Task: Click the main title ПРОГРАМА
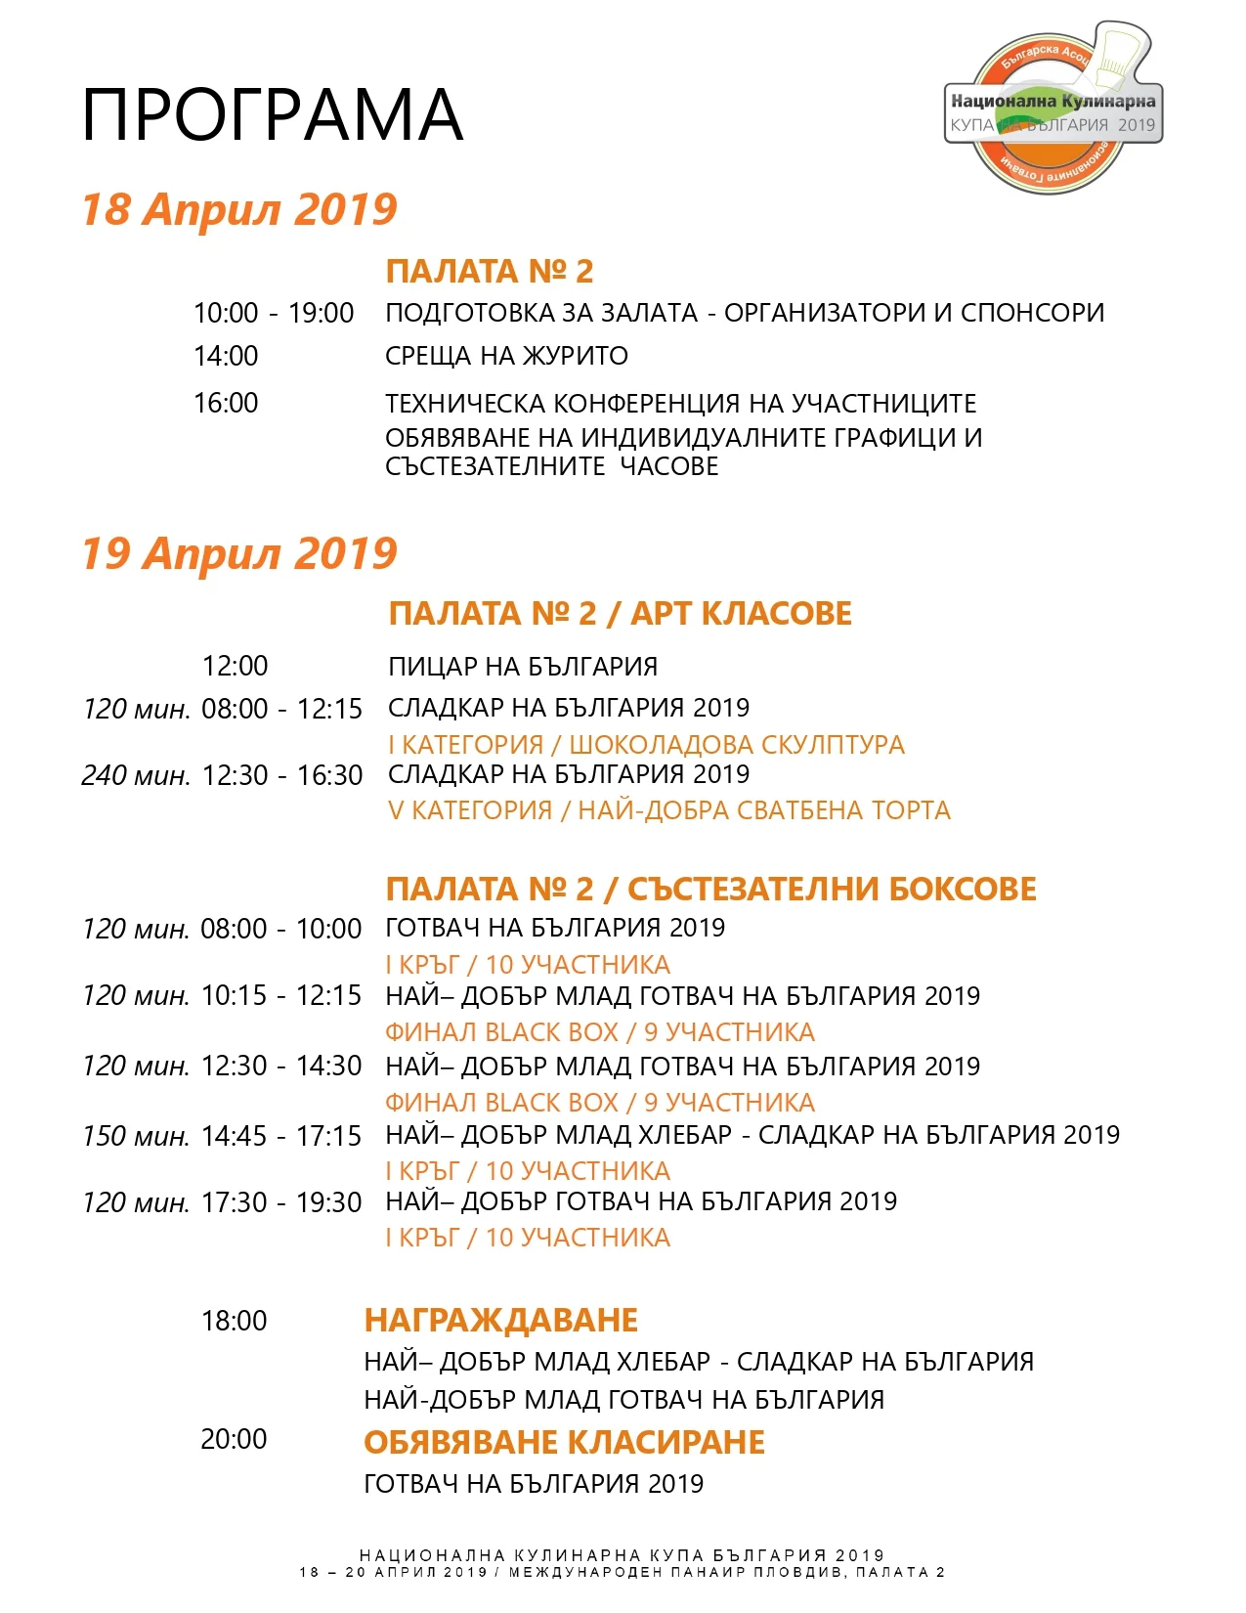point(272,115)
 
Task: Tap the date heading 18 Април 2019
point(239,209)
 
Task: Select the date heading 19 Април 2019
point(239,553)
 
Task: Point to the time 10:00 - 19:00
point(274,313)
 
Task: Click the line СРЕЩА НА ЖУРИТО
point(506,356)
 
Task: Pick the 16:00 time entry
point(226,403)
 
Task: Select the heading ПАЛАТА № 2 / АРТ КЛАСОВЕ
point(620,614)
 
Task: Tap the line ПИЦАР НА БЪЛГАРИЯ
point(523,667)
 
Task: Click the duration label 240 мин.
point(136,775)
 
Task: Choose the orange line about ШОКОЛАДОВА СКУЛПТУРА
point(646,745)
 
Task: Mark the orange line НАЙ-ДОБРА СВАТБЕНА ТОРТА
point(668,810)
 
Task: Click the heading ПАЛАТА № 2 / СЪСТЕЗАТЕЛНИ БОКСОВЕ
point(710,890)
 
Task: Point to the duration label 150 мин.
point(136,1136)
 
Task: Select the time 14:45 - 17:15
point(281,1136)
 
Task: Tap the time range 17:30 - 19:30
point(281,1202)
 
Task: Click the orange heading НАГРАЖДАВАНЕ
point(500,1321)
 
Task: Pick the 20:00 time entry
point(234,1439)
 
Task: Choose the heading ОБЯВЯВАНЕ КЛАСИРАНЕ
point(564,1443)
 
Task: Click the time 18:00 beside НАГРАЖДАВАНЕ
point(234,1321)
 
